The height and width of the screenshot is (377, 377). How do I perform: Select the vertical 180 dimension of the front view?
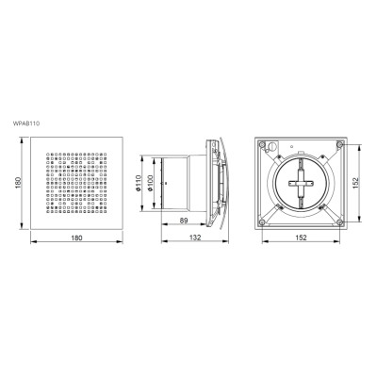click(x=18, y=183)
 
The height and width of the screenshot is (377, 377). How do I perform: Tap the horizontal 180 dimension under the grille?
click(x=76, y=238)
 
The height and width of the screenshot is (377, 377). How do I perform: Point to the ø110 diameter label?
click(x=139, y=183)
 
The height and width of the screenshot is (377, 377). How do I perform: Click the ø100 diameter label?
click(x=150, y=184)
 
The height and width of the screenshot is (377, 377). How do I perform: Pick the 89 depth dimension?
click(x=184, y=221)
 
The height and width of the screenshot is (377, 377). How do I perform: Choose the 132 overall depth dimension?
click(x=195, y=238)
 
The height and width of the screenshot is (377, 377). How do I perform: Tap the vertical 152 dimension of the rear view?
click(x=355, y=183)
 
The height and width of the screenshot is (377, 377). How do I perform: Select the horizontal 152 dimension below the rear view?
click(x=301, y=238)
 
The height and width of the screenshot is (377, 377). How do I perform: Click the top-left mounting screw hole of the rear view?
click(x=261, y=144)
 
